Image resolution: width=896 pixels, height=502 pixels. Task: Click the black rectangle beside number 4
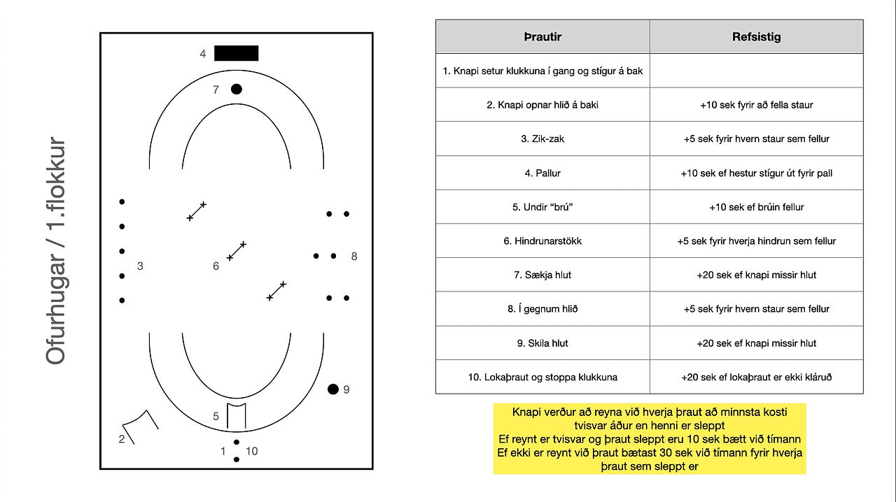pyautogui.click(x=236, y=53)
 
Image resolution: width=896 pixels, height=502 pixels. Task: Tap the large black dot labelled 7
pyautogui.click(x=237, y=89)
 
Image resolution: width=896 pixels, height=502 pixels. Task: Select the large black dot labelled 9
pyautogui.click(x=332, y=389)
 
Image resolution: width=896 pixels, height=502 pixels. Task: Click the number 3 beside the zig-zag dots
pyautogui.click(x=140, y=266)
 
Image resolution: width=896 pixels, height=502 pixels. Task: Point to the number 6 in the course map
pyautogui.click(x=216, y=266)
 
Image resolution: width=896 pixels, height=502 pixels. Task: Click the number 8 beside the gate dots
pyautogui.click(x=354, y=256)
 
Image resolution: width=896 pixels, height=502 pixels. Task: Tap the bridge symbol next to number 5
pyautogui.click(x=237, y=416)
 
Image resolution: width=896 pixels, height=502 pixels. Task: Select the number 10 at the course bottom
pyautogui.click(x=251, y=451)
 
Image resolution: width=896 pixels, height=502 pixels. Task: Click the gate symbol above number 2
pyautogui.click(x=141, y=426)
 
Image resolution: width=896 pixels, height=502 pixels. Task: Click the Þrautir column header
pyautogui.click(x=542, y=37)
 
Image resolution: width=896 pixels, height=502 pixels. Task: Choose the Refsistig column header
pyautogui.click(x=757, y=37)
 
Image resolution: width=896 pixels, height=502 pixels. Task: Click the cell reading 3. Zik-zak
pyautogui.click(x=542, y=138)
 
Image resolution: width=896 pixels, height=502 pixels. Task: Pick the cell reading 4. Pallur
pyautogui.click(x=542, y=173)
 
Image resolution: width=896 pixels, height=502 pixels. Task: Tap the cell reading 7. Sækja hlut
pyautogui.click(x=542, y=275)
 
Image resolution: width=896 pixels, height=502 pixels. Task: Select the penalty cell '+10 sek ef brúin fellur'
pyautogui.click(x=757, y=207)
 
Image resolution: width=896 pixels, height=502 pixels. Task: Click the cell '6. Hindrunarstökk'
pyautogui.click(x=542, y=241)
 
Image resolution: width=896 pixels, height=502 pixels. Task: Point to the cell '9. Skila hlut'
pyautogui.click(x=542, y=343)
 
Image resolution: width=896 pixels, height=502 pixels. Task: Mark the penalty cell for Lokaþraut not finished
pyautogui.click(x=757, y=377)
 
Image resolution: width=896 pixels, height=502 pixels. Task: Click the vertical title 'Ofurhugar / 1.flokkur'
pyautogui.click(x=55, y=251)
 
